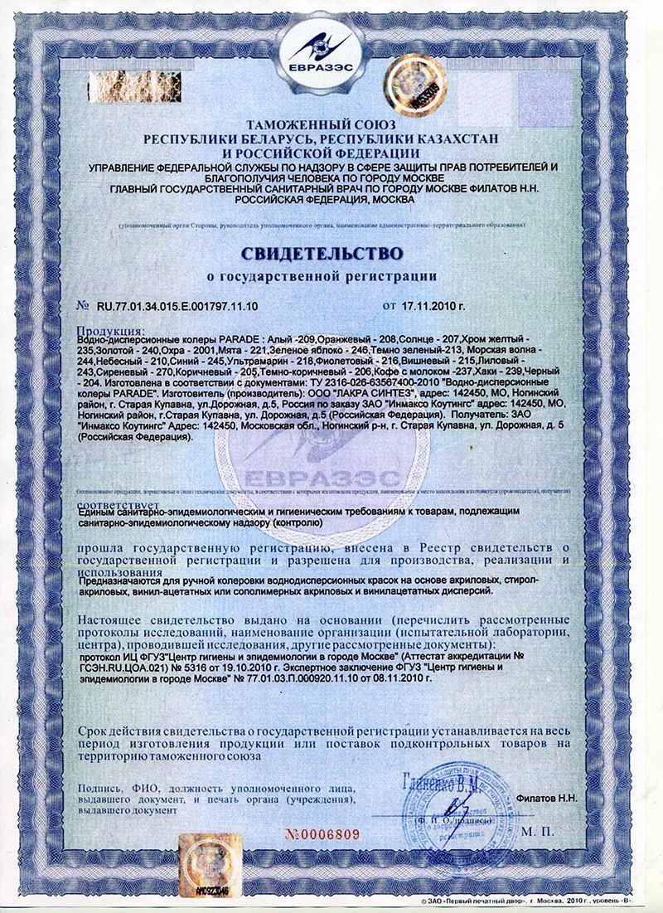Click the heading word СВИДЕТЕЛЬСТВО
click(331, 250)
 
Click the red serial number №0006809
click(323, 834)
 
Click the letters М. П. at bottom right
click(544, 829)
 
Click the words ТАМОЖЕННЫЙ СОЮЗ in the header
click(331, 125)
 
